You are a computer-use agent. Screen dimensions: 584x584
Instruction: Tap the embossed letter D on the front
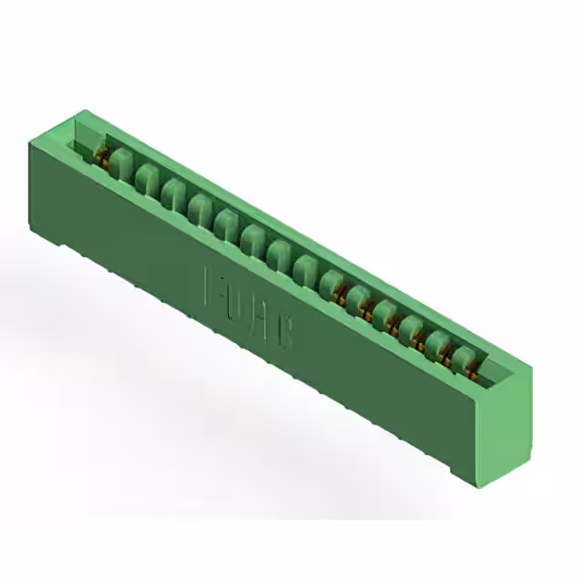[238, 306]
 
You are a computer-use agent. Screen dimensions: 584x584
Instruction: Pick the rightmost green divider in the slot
[465, 360]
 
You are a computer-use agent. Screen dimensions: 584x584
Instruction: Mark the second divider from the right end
[439, 347]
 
